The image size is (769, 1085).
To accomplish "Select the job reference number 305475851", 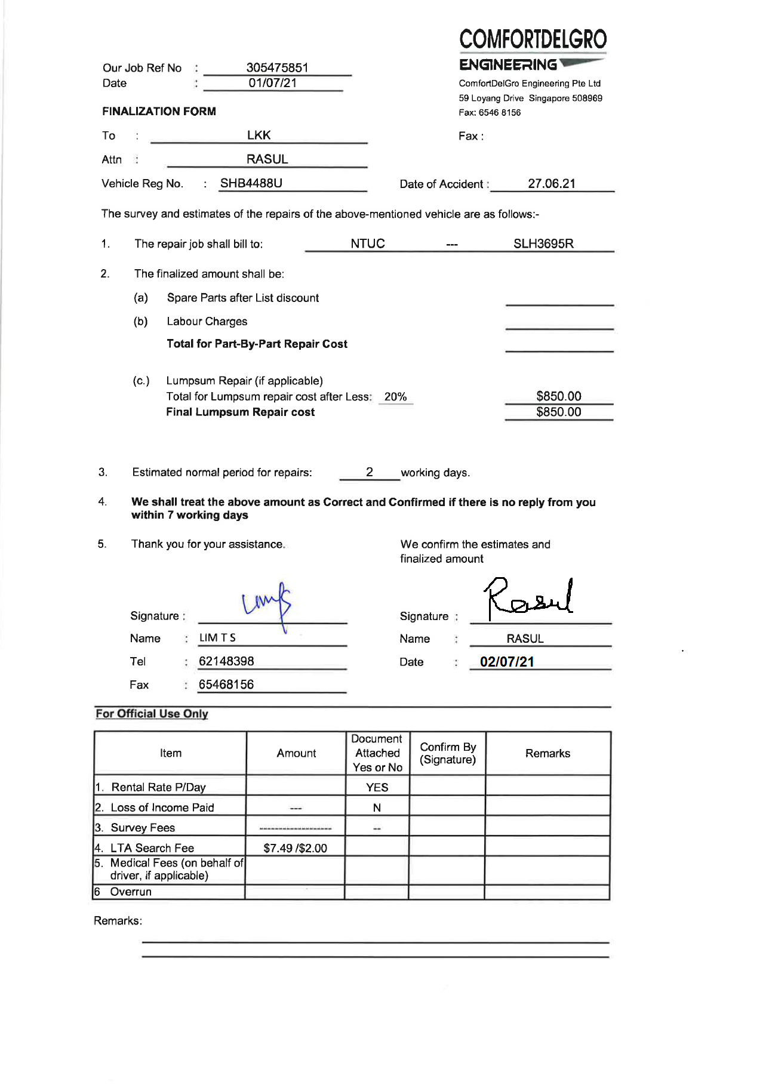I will (277, 67).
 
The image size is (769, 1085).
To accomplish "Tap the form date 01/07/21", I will (272, 83).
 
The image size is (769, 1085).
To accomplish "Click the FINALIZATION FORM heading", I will (159, 111).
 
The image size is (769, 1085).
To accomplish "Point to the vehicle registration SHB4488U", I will (251, 183).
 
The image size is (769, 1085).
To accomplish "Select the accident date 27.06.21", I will (551, 184).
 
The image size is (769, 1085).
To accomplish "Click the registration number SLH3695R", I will (543, 243).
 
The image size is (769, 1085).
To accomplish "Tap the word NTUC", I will (367, 243).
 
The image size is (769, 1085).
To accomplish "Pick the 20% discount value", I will (395, 397).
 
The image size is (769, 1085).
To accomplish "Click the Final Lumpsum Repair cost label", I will (240, 412).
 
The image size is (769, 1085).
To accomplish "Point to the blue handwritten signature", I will (267, 603).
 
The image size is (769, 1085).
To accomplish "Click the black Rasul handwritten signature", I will (528, 599).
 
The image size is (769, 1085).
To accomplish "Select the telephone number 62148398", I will (226, 661).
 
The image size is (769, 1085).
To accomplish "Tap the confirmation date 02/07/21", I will (507, 662).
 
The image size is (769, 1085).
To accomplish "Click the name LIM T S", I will (217, 638).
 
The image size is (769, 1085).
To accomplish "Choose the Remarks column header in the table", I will (547, 753).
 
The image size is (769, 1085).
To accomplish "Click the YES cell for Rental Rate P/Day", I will (377, 787).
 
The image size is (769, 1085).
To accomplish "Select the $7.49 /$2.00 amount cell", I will (295, 848).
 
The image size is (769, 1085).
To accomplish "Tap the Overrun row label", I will (131, 892).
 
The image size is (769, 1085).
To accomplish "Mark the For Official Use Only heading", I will (152, 714).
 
